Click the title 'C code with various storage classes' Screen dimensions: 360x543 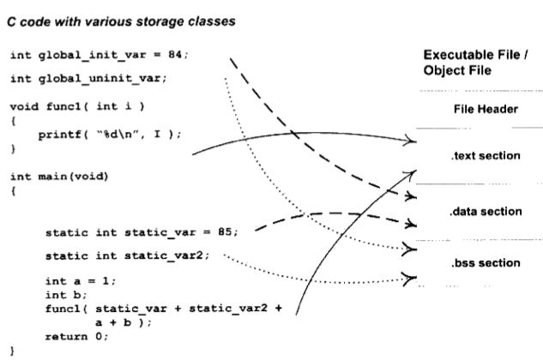point(120,21)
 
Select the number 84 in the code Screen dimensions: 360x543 point(175,55)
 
